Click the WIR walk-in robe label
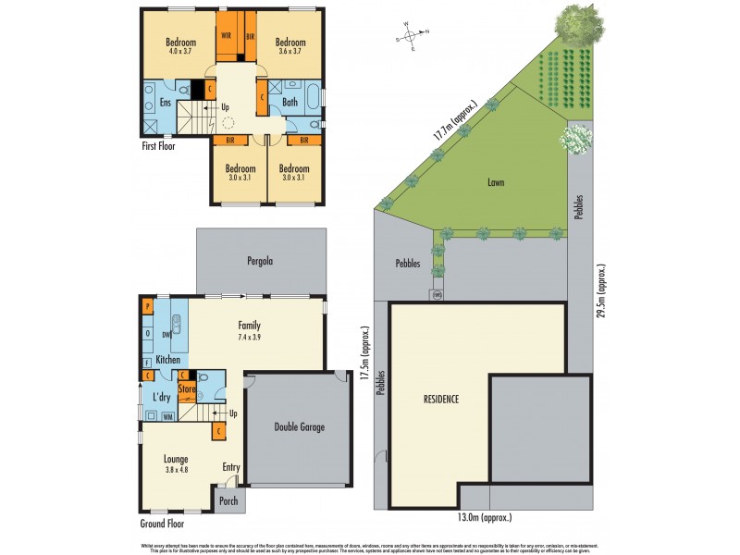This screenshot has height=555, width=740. coord(226,35)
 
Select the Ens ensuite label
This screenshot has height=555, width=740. coord(166,103)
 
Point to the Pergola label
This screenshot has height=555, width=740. coord(260,262)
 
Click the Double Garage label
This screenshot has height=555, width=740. coord(300,427)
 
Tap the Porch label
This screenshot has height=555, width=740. coord(228,501)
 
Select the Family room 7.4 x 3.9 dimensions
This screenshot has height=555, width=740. coord(248,337)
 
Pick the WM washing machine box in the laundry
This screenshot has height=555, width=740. coord(167,416)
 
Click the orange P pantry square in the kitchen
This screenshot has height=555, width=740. coord(147,306)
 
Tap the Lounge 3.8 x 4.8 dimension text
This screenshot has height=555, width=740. coord(176,470)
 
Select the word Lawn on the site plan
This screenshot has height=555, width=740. coord(495,183)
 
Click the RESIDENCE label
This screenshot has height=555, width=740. coord(441,400)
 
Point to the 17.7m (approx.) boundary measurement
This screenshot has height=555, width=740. coord(454,121)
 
